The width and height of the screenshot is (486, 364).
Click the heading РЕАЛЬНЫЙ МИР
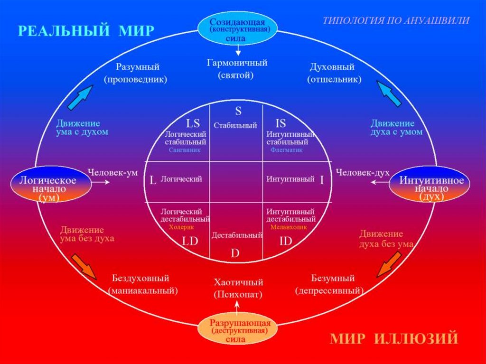point(86,31)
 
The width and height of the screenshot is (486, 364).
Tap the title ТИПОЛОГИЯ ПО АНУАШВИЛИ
point(396,21)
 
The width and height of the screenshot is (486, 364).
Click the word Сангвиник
point(185,149)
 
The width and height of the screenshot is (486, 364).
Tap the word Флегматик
point(287,150)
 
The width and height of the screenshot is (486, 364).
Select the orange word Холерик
point(183,227)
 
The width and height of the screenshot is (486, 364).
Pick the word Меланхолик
point(289,227)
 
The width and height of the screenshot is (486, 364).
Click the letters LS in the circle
point(193,124)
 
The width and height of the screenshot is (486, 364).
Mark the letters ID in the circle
point(286,241)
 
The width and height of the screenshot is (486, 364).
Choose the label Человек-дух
point(359,173)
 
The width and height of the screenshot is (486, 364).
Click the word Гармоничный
point(237,63)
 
